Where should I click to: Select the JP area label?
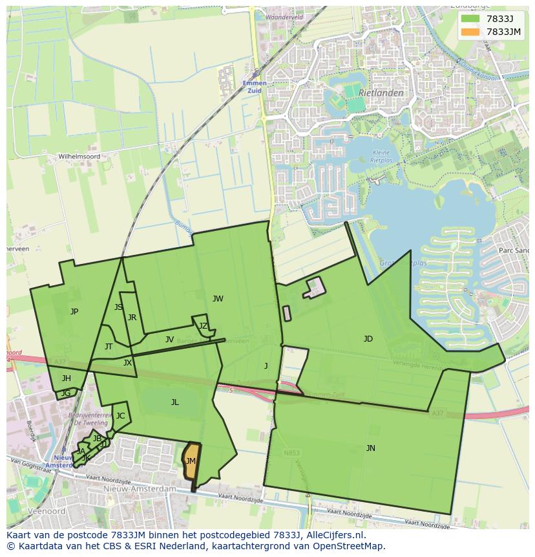pos(74,312)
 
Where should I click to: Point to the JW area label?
pos(218,299)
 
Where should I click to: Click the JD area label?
pos(368,339)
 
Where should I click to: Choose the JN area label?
pos(370,448)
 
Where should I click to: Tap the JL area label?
pos(174,402)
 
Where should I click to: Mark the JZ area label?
pos(203,326)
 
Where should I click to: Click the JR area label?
pos(132,318)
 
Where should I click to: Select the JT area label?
pos(109,347)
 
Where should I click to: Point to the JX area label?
pos(127,363)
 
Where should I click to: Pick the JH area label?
pos(67,378)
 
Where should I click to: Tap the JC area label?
pos(120,416)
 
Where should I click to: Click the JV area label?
pos(169,340)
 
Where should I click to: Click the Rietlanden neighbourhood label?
pos(381,93)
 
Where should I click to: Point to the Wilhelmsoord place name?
pos(79,157)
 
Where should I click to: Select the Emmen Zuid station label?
pos(255,87)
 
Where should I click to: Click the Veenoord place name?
pos(42,511)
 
